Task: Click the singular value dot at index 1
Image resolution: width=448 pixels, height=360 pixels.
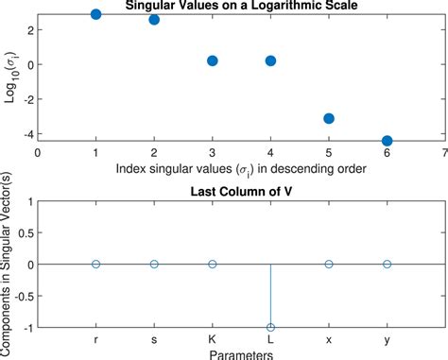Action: (96, 15)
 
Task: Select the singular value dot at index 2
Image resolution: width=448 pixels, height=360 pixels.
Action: (154, 20)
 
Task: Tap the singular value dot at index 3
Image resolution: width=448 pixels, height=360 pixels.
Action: (213, 60)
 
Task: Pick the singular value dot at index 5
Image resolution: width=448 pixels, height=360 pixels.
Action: (329, 118)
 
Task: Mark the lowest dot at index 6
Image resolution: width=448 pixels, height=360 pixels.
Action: (387, 141)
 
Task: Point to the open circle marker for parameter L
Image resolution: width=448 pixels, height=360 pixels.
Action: (271, 327)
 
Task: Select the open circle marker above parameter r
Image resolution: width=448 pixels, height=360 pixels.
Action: (96, 265)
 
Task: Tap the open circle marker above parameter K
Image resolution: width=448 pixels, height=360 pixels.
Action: (213, 265)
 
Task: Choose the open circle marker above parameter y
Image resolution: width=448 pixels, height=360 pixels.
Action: (387, 265)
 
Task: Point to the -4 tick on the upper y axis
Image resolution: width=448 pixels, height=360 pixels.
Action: (28, 134)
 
